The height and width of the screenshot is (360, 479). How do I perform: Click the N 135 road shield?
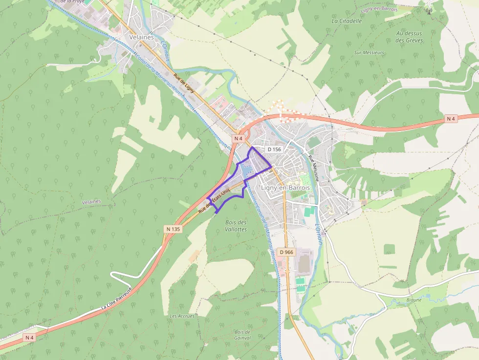pyautogui.click(x=173, y=229)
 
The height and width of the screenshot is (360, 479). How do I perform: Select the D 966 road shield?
pyautogui.click(x=286, y=252)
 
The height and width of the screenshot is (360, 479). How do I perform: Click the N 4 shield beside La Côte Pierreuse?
pyautogui.click(x=30, y=338)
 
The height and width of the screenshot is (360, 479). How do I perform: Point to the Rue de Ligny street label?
pyautogui.click(x=184, y=83)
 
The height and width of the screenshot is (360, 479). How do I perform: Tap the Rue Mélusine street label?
pyautogui.click(x=313, y=168)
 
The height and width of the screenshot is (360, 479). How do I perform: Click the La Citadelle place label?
pyautogui.click(x=347, y=21)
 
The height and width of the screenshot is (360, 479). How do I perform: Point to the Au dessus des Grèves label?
pyautogui.click(x=409, y=37)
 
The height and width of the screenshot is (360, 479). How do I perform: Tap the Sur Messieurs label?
pyautogui.click(x=369, y=52)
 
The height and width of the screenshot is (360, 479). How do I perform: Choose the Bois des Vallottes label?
pyautogui.click(x=236, y=226)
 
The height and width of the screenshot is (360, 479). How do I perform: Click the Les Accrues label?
pyautogui.click(x=182, y=316)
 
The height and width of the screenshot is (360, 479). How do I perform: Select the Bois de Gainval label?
pyautogui.click(x=242, y=335)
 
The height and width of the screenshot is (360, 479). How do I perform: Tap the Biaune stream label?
pyautogui.click(x=414, y=300)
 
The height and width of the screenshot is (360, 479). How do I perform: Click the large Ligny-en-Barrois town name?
pyautogui.click(x=285, y=188)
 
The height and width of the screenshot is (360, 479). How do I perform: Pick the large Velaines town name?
pyautogui.click(x=141, y=37)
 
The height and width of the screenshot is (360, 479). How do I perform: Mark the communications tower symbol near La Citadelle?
pyautogui.click(x=430, y=10)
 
